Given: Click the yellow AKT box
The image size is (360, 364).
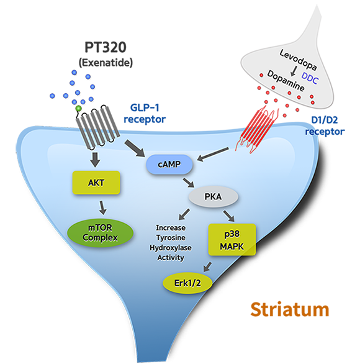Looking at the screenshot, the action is tap(96, 183).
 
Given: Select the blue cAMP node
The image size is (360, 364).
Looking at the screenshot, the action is tap(169, 165).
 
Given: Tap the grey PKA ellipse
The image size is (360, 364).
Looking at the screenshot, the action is tap(213, 197).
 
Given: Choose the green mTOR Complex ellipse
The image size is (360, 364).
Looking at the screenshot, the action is tap(100, 233).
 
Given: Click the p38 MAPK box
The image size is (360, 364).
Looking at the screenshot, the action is tap(232, 240).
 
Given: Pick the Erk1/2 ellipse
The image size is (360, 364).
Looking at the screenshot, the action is tap(187, 283).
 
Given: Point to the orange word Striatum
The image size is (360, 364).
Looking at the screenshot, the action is tap(290, 309).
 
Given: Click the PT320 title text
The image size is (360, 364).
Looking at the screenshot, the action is tap(106, 47).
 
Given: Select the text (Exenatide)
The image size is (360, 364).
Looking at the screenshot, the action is tap(106, 63).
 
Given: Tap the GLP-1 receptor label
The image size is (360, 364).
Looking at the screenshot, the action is tap(145, 114).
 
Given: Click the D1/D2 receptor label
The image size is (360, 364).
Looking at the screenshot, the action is tap(325, 125).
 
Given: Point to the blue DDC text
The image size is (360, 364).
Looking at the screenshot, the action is tap(310, 78).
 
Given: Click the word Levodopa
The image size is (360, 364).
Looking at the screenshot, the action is tap(298, 60).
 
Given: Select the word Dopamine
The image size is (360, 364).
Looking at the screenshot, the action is tap(286, 81).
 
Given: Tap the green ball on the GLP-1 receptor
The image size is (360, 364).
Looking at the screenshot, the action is tap(79, 108).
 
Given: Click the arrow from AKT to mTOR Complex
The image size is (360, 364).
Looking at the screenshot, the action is tap(102, 207).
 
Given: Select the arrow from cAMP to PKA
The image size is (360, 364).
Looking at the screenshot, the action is tap(188, 183).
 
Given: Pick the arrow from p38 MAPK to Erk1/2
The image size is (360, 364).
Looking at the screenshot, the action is tap(207, 266).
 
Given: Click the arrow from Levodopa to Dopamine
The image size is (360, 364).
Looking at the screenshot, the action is tap(294, 71).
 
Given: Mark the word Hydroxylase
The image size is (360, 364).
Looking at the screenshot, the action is tap(171, 248).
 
